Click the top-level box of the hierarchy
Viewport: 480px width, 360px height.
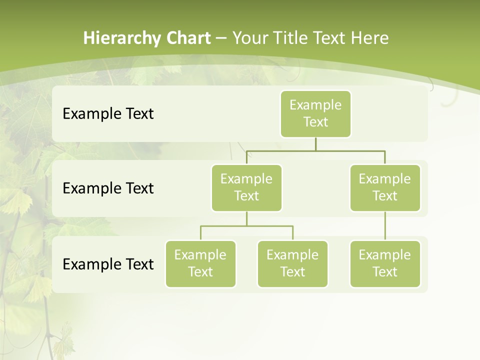315,113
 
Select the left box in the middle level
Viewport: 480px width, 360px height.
246,187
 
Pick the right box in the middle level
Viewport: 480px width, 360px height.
385,187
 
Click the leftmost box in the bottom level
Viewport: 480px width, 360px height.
200,263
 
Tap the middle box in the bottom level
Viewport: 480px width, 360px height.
292,263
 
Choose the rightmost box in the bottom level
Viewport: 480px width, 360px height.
385,263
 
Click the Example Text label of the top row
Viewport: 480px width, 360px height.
108,114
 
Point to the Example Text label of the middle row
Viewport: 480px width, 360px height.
108,188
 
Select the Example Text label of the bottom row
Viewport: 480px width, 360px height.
108,264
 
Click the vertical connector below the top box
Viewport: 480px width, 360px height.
315,144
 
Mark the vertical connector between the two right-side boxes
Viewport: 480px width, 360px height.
385,226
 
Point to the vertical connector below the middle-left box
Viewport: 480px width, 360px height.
246,218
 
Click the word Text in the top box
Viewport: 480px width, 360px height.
315,122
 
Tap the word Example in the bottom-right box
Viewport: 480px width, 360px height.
384,255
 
